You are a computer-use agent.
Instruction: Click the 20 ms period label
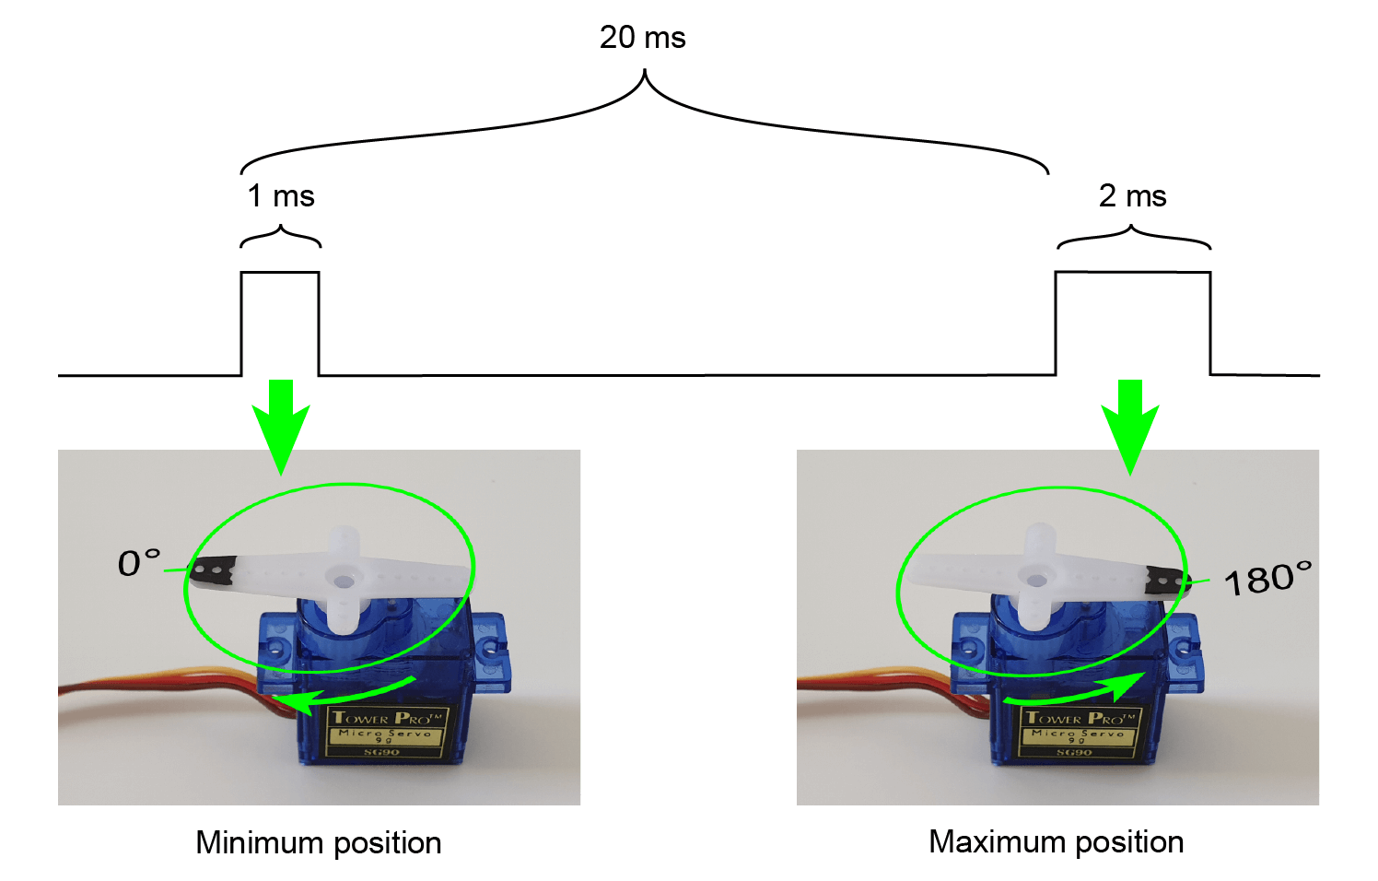point(642,38)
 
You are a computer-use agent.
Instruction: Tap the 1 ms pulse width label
point(281,196)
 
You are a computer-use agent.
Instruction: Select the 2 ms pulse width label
point(1132,196)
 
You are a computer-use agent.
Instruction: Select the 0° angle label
point(139,563)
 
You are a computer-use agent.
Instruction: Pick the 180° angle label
point(1267,579)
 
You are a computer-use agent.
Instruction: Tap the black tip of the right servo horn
point(1165,582)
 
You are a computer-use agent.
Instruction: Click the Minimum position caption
point(319,842)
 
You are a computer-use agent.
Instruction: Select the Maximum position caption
point(1056,841)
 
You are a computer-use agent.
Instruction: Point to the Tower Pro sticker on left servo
point(387,732)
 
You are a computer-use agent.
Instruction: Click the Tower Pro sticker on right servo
point(1079,732)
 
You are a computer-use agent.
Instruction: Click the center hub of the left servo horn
point(344,581)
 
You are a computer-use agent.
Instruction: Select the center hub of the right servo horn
point(1037,581)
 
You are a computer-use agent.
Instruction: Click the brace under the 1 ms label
point(281,237)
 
